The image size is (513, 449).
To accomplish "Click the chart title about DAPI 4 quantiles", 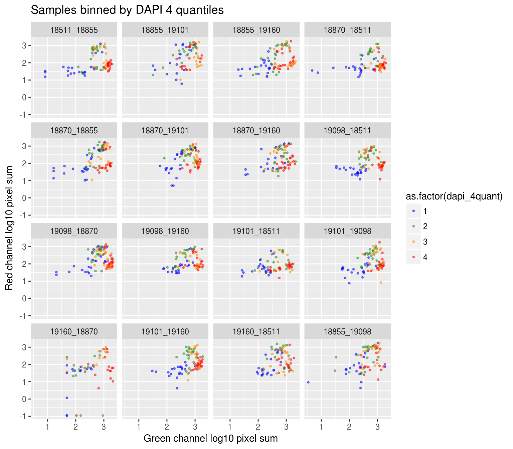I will (127, 10).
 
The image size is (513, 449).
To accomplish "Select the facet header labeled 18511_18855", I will (74, 30).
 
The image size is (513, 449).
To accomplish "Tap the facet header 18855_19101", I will (165, 30).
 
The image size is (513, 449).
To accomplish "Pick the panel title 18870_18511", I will (347, 30).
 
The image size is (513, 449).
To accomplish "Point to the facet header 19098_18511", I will (347, 131).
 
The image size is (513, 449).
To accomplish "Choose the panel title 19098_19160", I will (165, 231).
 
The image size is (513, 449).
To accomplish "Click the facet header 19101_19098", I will (347, 231).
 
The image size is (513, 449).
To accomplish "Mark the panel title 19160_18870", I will (74, 332).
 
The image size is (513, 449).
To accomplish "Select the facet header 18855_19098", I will (347, 332).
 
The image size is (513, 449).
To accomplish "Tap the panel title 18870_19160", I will (256, 131).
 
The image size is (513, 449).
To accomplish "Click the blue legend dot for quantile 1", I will (414, 211).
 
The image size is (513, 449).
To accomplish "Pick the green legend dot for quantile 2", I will (414, 226).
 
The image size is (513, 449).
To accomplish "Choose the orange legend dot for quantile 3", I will (414, 242).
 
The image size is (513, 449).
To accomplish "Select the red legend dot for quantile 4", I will (414, 257).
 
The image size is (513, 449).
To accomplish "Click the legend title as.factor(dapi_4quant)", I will (454, 196).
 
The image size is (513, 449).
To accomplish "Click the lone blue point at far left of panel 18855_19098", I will (308, 382).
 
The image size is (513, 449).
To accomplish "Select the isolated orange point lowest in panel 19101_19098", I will (381, 283).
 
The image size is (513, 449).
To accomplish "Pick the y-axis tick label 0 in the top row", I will (24, 97).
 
